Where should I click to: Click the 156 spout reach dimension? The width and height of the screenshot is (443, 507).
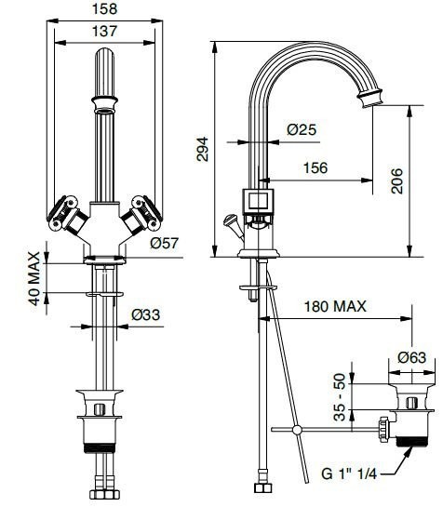[x=315, y=167]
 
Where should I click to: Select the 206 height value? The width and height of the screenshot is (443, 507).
[x=396, y=180]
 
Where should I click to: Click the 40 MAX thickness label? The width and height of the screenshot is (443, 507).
[x=33, y=276]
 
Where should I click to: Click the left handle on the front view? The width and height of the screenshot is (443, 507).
[x=64, y=211]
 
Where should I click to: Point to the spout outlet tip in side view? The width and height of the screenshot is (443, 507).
[x=374, y=95]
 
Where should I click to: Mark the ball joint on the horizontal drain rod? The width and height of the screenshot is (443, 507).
[x=297, y=430]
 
